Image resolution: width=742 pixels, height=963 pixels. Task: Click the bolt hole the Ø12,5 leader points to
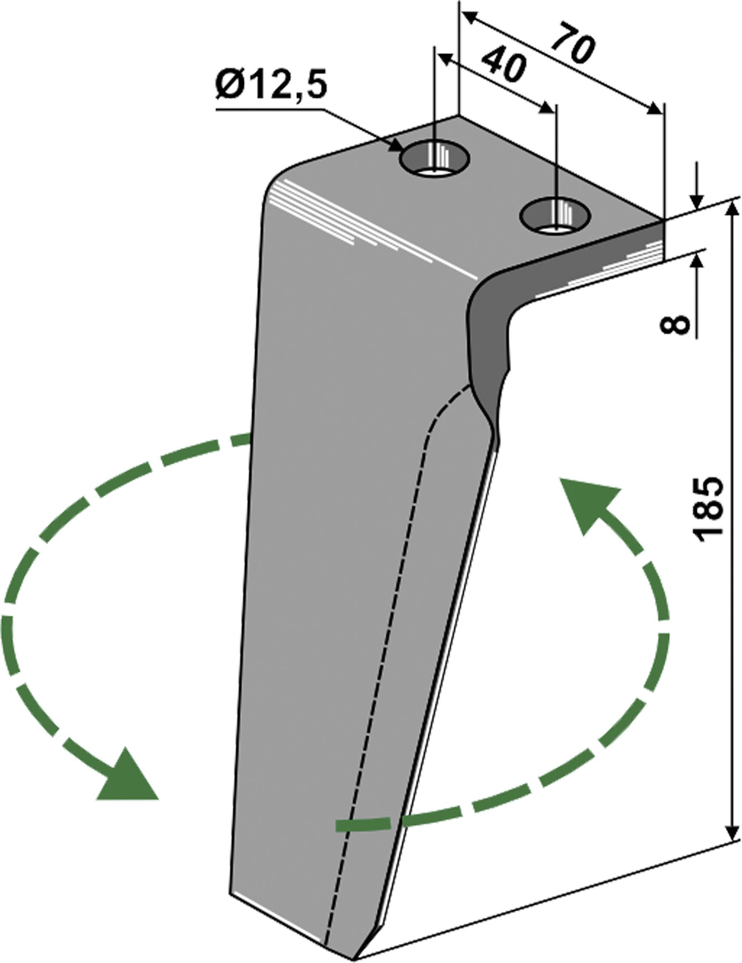coord(435,159)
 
